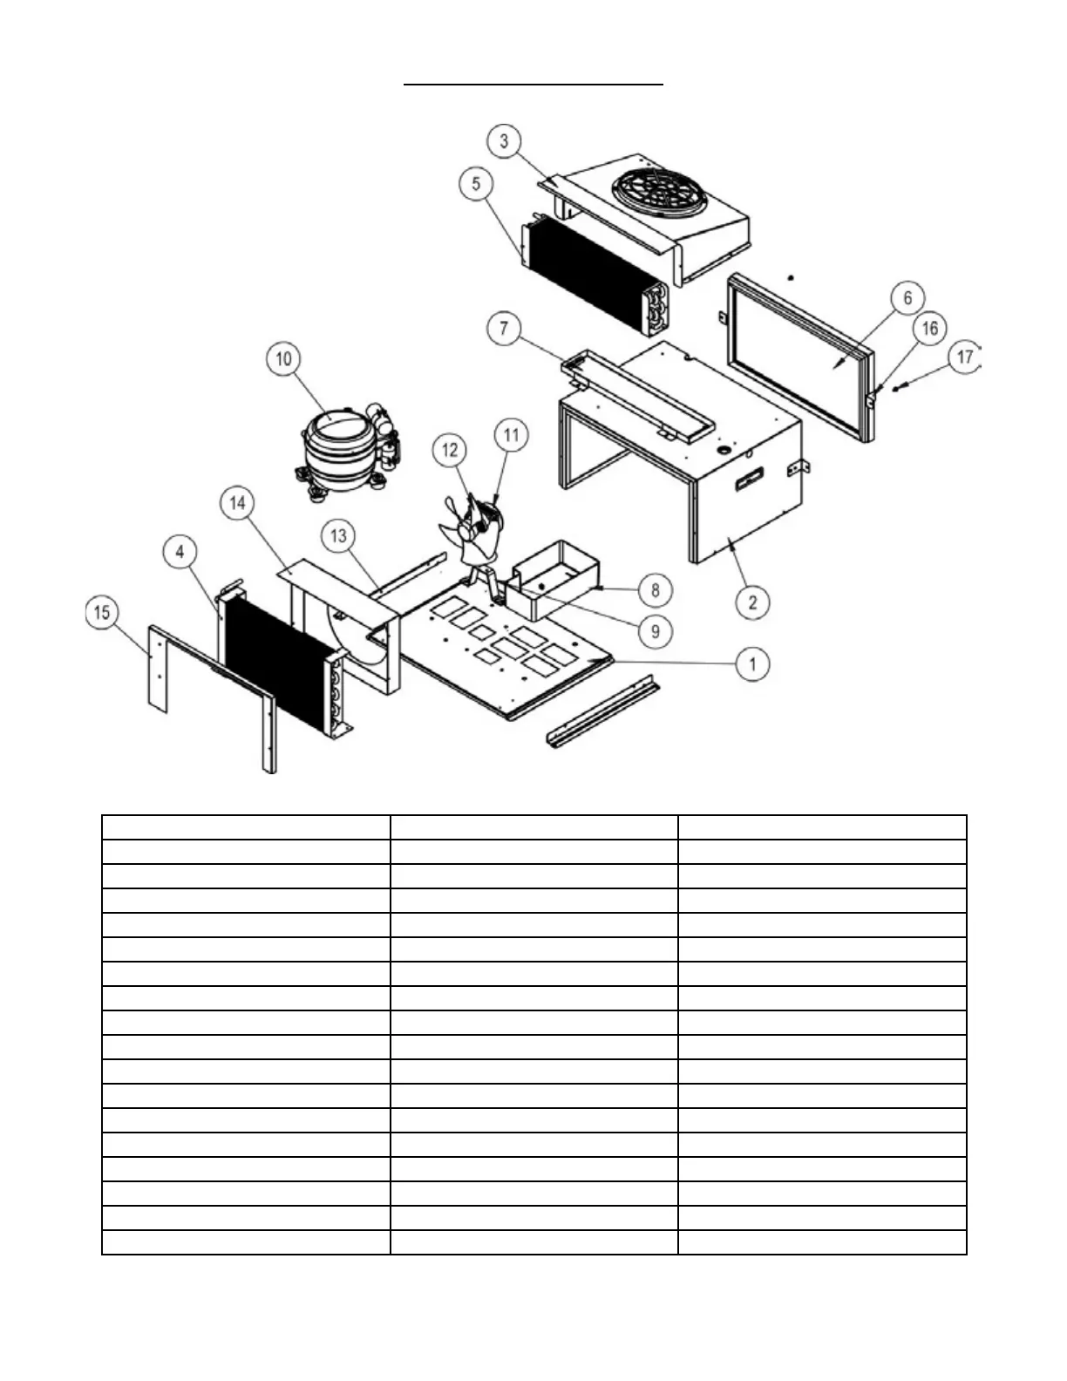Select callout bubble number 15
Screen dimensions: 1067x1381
(x=102, y=613)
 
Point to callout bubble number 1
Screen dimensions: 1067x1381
(x=752, y=663)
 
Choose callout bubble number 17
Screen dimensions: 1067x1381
(x=964, y=357)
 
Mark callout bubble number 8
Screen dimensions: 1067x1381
(x=656, y=589)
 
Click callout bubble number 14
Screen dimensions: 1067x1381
(x=238, y=503)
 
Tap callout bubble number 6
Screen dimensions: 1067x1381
(x=907, y=299)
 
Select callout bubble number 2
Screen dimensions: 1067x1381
(x=752, y=602)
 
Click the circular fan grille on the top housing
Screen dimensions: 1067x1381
(x=660, y=191)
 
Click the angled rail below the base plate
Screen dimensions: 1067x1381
(x=601, y=714)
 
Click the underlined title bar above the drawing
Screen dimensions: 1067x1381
(x=533, y=85)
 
